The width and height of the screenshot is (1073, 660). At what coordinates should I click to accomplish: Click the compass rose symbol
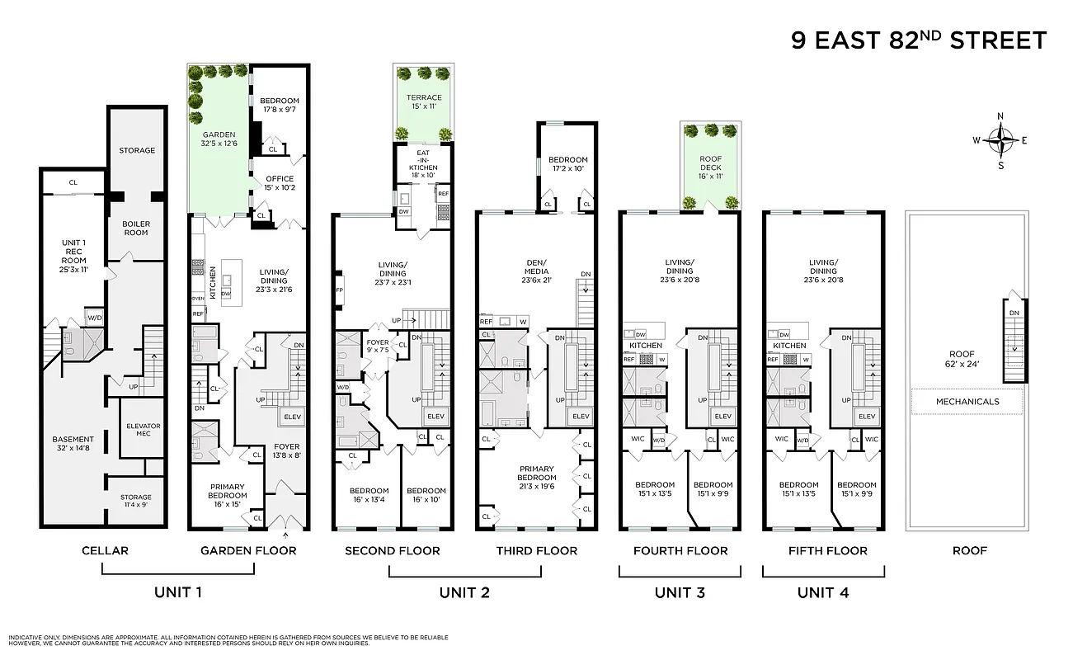pos(1000,140)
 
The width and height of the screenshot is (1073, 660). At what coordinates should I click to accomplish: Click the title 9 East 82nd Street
pos(919,40)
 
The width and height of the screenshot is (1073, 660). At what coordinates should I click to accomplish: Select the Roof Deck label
pos(710,163)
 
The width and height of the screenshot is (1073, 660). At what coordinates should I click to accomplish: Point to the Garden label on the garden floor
pos(219,139)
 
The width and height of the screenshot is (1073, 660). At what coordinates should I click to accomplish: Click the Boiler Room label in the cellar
pos(136,228)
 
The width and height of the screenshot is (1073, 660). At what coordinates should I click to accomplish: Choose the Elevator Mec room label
pos(143,430)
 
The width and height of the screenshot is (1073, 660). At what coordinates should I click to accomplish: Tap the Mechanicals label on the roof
pos(967,402)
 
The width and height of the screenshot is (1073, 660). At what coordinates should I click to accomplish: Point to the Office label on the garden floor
pos(279,183)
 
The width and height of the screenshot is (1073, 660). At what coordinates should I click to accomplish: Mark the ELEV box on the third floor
pos(581,416)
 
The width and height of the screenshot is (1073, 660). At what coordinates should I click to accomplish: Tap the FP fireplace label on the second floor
pos(339,290)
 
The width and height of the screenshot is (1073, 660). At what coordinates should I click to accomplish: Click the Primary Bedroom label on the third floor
pos(537,478)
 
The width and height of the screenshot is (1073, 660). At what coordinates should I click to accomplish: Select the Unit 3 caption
pos(680,592)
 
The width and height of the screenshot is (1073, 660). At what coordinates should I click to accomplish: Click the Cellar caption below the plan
pos(105,550)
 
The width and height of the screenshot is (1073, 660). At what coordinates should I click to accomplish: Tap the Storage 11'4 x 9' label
pos(136,502)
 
